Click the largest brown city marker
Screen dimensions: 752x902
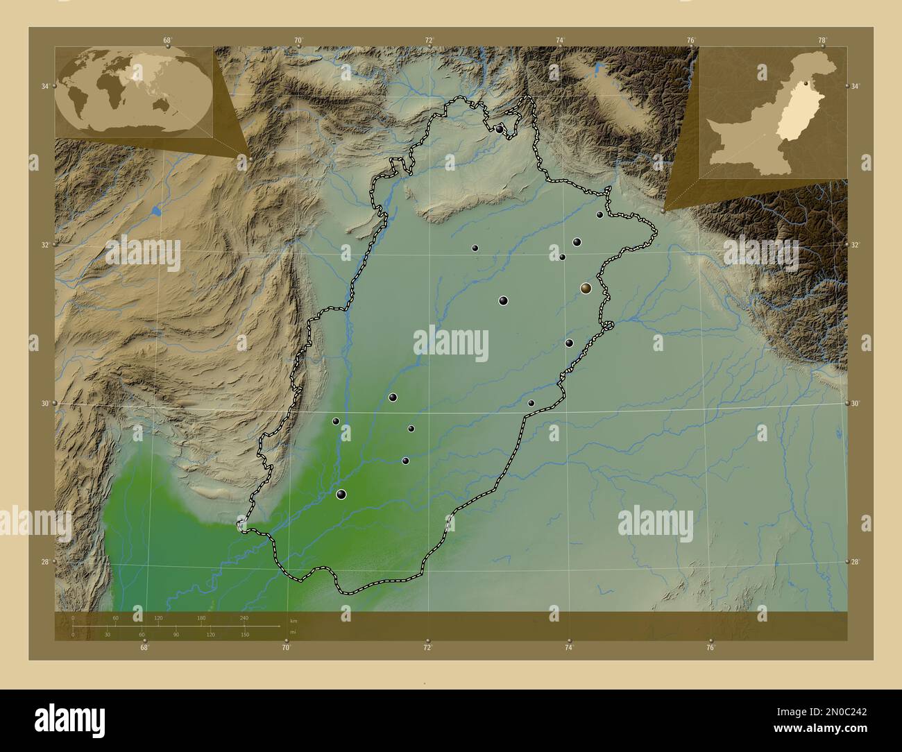pos(586,288)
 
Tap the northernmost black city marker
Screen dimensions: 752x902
pos(500,129)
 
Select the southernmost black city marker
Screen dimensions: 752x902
pos(341,495)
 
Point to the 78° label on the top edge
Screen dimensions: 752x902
pos(822,40)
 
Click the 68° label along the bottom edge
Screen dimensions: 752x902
pos(144,648)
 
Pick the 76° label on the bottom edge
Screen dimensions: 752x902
pos(710,648)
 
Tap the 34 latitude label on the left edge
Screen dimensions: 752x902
pos(44,86)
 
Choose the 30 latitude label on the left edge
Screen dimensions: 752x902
pos(44,403)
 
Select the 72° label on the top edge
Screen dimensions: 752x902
pos(429,40)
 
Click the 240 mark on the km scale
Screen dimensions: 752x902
pos(244,617)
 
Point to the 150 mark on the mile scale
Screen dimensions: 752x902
pos(245,634)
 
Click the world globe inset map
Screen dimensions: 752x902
pos(134,92)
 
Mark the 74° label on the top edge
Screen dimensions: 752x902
pos(560,40)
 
